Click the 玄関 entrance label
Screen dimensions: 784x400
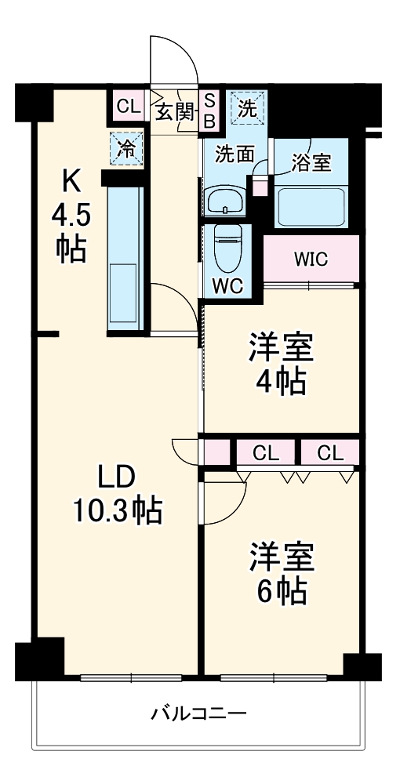pos(173,111)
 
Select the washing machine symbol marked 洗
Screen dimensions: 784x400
pos(247,109)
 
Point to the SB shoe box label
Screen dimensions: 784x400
pos(210,111)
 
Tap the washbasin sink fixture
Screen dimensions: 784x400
pos(225,201)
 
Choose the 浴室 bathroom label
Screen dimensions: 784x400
pos(311,162)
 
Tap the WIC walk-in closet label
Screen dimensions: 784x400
pos(311,260)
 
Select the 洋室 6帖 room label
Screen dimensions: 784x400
pos(281,573)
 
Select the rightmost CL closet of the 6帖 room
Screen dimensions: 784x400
pos(330,452)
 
